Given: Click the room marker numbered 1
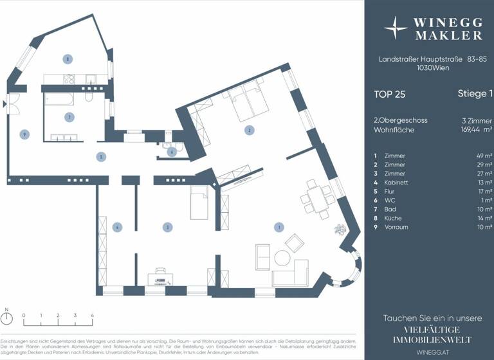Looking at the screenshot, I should tap(278, 227).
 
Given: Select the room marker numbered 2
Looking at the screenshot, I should tap(248, 130).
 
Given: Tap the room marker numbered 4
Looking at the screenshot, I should tap(116, 227).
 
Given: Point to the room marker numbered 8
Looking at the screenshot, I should tap(67, 59).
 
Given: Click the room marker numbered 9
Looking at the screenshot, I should tap(24, 134).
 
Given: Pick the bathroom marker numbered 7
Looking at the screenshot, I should tap(68, 116).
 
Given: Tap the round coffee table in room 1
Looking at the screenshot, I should tap(282, 258).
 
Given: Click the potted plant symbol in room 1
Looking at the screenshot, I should tap(338, 230).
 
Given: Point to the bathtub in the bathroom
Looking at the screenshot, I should tap(58, 99).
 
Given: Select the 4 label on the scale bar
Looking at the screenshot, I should tap(92, 316).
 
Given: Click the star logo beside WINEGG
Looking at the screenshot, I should tap(395, 28).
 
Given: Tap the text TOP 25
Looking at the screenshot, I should tap(390, 94).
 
